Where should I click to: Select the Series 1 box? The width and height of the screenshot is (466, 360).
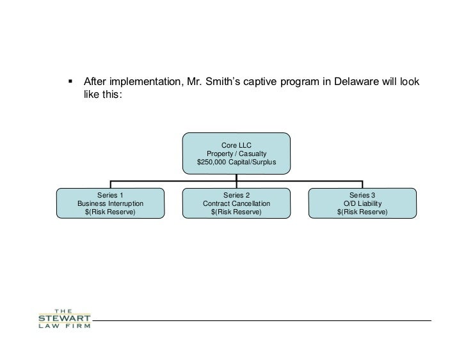tap(110, 203)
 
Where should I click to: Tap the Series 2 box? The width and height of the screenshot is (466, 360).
tap(236, 203)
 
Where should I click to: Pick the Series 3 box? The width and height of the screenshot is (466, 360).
tap(362, 203)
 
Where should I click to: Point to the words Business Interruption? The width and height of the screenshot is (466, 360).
tap(110, 203)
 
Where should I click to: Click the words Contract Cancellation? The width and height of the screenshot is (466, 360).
tap(236, 203)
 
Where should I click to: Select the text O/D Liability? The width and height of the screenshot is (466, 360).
tap(363, 203)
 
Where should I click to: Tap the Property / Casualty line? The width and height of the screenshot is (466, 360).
tap(236, 154)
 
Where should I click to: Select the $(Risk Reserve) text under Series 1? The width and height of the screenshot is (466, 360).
tap(110, 212)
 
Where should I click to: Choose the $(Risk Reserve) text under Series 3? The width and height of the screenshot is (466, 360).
tap(362, 212)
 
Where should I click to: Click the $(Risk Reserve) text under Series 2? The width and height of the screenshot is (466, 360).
tap(236, 212)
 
